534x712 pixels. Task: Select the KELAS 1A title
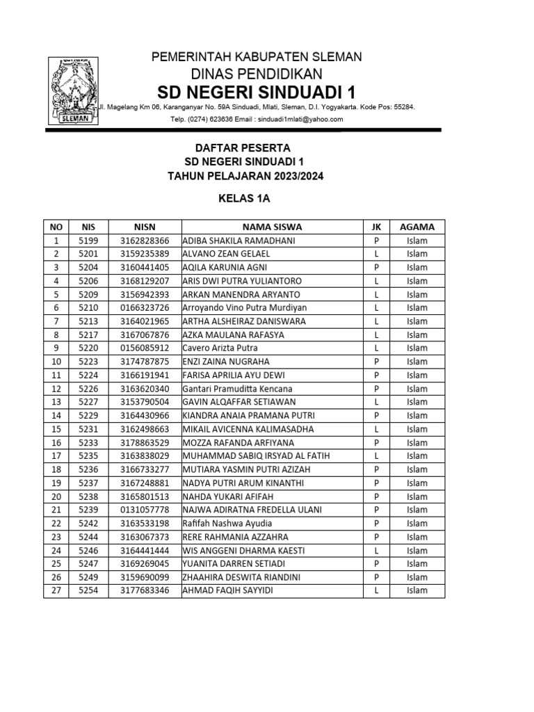(x=244, y=198)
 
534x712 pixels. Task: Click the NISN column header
(x=145, y=227)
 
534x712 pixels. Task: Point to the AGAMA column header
(x=417, y=227)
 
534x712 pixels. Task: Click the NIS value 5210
(x=88, y=307)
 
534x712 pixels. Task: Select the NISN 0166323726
(x=145, y=307)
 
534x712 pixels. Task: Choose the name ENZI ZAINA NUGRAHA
(x=225, y=362)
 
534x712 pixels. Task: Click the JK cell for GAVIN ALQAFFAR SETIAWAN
(x=375, y=402)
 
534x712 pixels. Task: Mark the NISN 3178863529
(x=145, y=442)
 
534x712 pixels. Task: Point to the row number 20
(x=56, y=496)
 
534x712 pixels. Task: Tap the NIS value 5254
(x=88, y=590)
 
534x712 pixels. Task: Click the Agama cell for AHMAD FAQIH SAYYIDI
(x=417, y=590)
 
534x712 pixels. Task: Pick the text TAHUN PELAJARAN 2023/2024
(x=245, y=176)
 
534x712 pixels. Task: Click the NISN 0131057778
(x=145, y=510)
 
